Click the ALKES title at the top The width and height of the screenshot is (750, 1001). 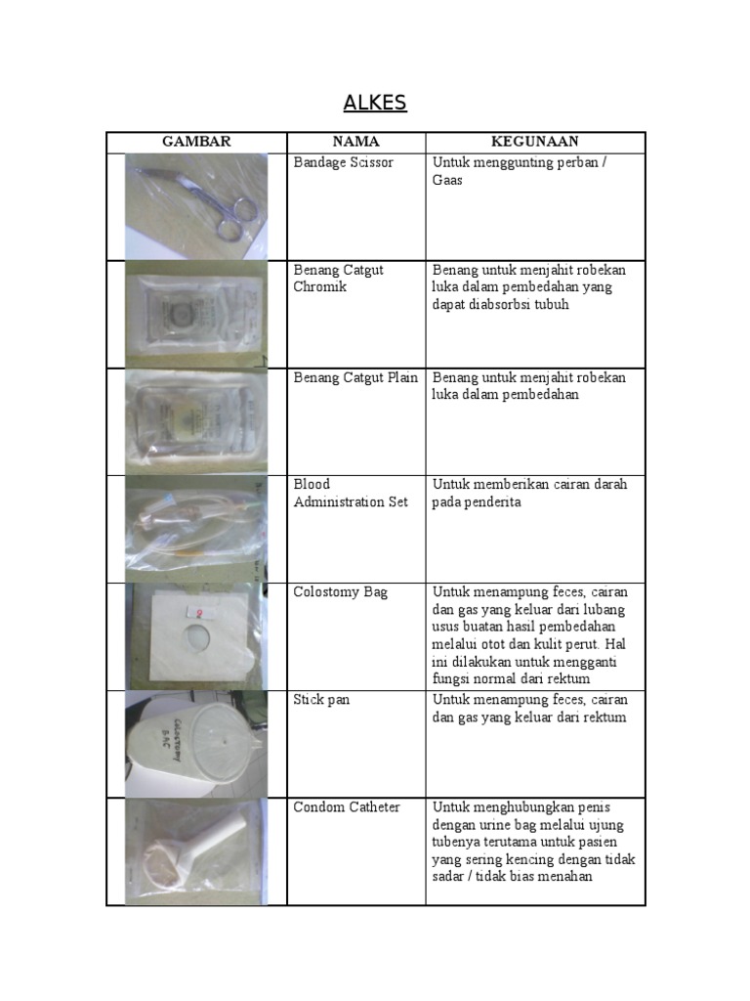(x=375, y=104)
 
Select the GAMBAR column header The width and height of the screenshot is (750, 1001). (x=196, y=142)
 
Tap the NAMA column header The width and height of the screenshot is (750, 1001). (x=355, y=142)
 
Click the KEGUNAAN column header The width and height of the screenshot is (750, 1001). (x=535, y=142)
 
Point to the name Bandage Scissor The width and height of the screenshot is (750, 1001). (x=344, y=162)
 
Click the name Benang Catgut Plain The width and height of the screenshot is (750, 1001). (x=355, y=377)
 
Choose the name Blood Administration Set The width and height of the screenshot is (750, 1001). (x=351, y=494)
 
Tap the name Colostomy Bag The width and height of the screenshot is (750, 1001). (x=341, y=592)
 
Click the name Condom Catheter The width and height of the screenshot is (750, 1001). (x=347, y=807)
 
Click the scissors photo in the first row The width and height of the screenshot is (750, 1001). (x=196, y=205)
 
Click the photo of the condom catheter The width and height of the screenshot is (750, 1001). (x=195, y=851)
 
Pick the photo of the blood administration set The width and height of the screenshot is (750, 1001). (x=195, y=529)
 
